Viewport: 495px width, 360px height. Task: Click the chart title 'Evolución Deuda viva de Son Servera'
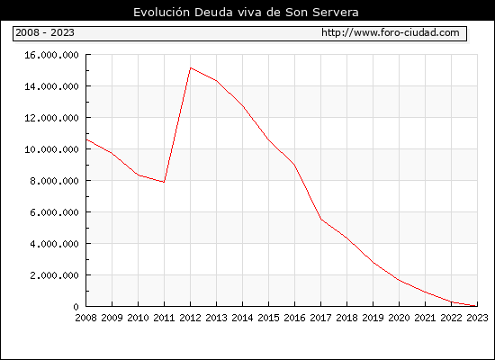click(x=246, y=12)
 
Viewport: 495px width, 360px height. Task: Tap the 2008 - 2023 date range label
click(x=45, y=32)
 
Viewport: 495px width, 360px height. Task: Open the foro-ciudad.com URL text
click(x=391, y=32)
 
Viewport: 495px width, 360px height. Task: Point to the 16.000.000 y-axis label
click(x=51, y=55)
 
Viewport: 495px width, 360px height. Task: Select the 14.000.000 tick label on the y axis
click(x=51, y=86)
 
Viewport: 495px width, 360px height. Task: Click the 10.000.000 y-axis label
click(x=51, y=149)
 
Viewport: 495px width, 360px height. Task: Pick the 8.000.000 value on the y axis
click(x=54, y=181)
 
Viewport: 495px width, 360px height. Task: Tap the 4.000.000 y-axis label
click(x=54, y=244)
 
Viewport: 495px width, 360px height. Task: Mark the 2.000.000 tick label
click(x=54, y=275)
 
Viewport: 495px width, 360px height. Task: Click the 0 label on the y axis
click(x=76, y=307)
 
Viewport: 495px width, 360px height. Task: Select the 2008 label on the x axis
click(x=85, y=318)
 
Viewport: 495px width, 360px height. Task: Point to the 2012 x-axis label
click(x=191, y=318)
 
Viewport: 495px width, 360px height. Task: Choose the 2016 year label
click(x=295, y=318)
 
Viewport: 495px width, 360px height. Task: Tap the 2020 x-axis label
click(x=399, y=318)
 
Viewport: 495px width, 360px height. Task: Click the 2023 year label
click(x=477, y=318)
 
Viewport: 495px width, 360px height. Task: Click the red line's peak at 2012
click(x=191, y=67)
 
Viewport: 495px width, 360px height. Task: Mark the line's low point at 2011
click(x=164, y=182)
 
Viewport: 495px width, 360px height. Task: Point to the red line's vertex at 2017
click(x=321, y=220)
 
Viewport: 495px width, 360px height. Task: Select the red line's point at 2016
click(x=295, y=165)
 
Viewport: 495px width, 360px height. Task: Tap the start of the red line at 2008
click(x=86, y=139)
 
